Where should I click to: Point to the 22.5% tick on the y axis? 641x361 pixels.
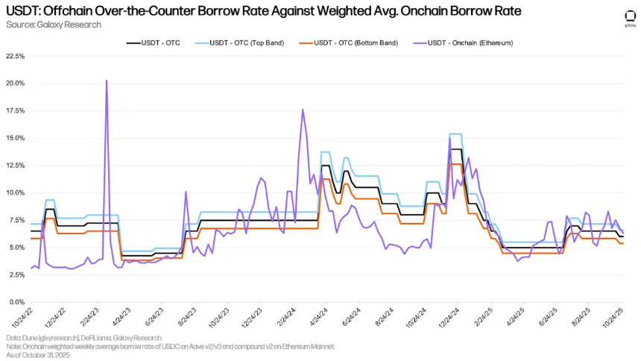pos(16,56)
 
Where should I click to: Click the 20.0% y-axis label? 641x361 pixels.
pos(16,84)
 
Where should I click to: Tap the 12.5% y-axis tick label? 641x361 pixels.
pos(16,166)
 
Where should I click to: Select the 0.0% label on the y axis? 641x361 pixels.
pos(17,302)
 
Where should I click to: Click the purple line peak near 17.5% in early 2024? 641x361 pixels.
pos(303,110)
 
